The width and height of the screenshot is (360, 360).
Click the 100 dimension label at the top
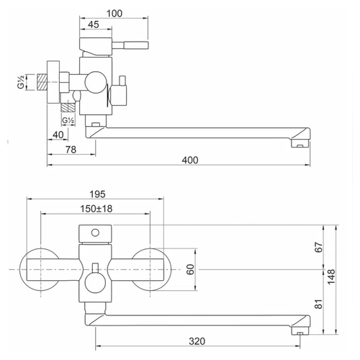coord(114,14)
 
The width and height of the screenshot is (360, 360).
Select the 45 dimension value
coord(94,24)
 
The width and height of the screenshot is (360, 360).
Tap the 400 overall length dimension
coord(190,160)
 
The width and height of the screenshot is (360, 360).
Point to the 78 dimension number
coord(71,150)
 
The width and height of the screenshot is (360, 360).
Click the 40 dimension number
coord(58,135)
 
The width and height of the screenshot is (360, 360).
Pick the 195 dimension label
coord(97,194)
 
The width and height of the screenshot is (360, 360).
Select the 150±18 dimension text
coord(96,209)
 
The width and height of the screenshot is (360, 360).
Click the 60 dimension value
coord(190,269)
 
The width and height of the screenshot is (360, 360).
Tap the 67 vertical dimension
coord(318,247)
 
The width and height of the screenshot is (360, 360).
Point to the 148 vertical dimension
coord(331,276)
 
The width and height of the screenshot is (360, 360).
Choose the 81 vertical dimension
coord(318,304)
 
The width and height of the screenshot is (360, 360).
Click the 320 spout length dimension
coord(197,341)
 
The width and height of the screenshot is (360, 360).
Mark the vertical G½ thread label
coord(21,82)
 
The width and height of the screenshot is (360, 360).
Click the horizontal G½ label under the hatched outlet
coord(68,120)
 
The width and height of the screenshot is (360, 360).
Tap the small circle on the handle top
coord(95,233)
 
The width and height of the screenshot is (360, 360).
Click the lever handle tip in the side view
coord(148,45)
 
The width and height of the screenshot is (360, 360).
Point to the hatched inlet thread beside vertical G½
coord(42,82)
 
